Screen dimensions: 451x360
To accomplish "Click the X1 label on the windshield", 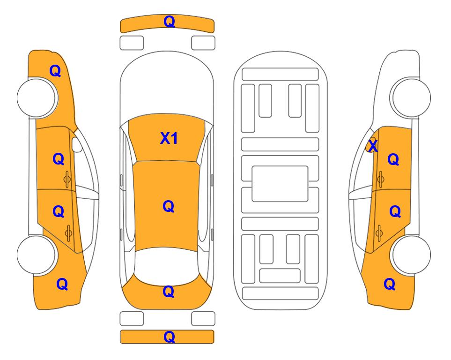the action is pyautogui.click(x=169, y=138).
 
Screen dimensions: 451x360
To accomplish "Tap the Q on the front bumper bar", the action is pyautogui.click(x=169, y=22).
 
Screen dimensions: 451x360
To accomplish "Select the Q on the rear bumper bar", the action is pyautogui.click(x=169, y=337).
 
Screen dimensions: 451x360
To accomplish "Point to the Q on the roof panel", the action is pyautogui.click(x=169, y=206).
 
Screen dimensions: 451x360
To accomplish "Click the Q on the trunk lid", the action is pyautogui.click(x=169, y=292).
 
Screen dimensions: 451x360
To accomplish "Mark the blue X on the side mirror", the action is pyautogui.click(x=373, y=146).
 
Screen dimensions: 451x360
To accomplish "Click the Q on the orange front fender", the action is pyautogui.click(x=55, y=71).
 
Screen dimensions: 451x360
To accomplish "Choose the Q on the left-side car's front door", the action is pyautogui.click(x=59, y=159).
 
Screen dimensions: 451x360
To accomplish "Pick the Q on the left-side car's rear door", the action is pyautogui.click(x=59, y=211).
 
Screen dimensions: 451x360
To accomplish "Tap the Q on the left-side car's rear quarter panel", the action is pyautogui.click(x=62, y=284).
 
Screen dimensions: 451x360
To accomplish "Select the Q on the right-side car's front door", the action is pyautogui.click(x=393, y=159).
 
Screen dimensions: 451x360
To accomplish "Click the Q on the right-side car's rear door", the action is pyautogui.click(x=395, y=211).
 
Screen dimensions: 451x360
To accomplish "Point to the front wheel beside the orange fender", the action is pyautogui.click(x=37, y=97).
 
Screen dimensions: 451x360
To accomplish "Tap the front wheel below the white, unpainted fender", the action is pyautogui.click(x=411, y=97).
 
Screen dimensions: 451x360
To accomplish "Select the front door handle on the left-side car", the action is pyautogui.click(x=67, y=180).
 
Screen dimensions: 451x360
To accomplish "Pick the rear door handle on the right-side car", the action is pyautogui.click(x=379, y=233).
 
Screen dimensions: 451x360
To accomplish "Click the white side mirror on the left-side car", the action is pyautogui.click(x=77, y=144).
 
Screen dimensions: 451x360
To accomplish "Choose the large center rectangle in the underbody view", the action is pyautogui.click(x=280, y=184).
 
